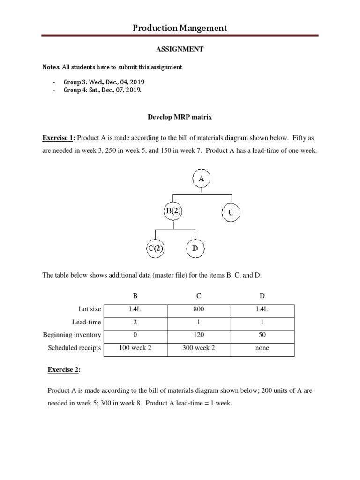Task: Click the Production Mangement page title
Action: tap(180, 28)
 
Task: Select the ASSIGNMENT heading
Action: tap(180, 49)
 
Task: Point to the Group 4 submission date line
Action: tap(102, 90)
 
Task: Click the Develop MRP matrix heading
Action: tap(180, 114)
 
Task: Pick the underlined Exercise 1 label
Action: tap(58, 138)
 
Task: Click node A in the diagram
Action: tap(202, 179)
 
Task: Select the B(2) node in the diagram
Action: tap(173, 211)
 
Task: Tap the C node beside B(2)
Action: tap(231, 212)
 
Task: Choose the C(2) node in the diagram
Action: tap(155, 249)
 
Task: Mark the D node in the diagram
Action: tap(195, 248)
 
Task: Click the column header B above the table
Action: tap(135, 296)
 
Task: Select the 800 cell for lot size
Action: tap(199, 309)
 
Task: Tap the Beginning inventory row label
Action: tap(72, 335)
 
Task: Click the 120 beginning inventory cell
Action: tap(199, 335)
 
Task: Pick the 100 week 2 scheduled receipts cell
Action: tap(135, 348)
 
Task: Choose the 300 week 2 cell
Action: tap(199, 348)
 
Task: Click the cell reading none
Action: tap(262, 348)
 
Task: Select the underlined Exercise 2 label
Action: tap(64, 370)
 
